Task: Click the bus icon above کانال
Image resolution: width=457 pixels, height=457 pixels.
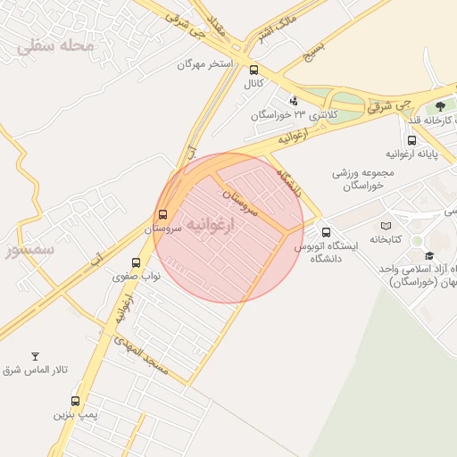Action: pos(254,70)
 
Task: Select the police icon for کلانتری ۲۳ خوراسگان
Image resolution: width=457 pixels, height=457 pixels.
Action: pos(295,100)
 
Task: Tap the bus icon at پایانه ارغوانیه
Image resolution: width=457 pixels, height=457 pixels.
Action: pos(411,139)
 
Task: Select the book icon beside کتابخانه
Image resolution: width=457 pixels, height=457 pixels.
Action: pos(386,226)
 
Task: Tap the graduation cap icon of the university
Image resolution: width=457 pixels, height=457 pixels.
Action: pos(429,256)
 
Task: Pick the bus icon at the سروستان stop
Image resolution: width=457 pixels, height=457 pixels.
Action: pos(162,214)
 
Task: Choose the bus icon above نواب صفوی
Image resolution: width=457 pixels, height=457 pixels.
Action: pos(136,262)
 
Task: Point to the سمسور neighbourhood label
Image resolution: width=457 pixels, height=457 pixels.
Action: pos(29,249)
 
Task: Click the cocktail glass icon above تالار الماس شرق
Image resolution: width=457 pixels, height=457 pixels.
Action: pos(36,356)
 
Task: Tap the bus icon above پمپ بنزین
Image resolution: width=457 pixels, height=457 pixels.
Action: pos(74,401)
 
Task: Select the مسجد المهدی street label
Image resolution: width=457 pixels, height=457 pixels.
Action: pos(148,354)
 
